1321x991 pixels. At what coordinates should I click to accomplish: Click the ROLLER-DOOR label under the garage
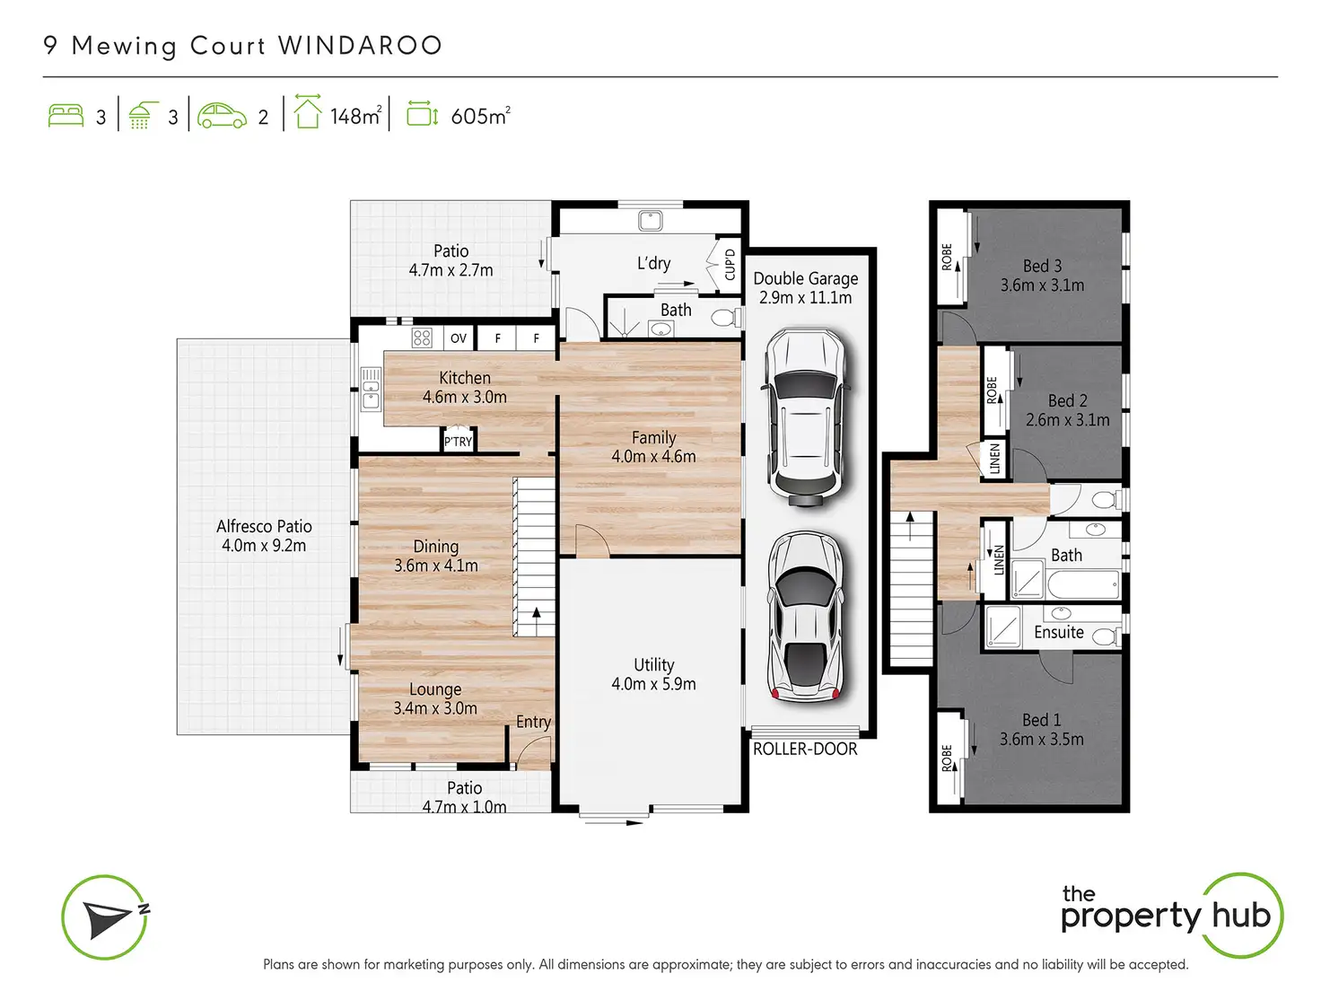pyautogui.click(x=805, y=750)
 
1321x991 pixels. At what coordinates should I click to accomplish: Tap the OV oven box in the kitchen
pyautogui.click(x=458, y=338)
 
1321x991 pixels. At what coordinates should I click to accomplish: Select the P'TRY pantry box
pyautogui.click(x=458, y=441)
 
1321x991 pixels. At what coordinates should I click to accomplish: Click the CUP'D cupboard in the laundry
pyautogui.click(x=730, y=264)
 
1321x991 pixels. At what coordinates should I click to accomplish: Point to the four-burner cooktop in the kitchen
pyautogui.click(x=421, y=338)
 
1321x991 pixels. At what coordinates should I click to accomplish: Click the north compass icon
pyautogui.click(x=105, y=917)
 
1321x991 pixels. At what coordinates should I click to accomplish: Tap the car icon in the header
pyautogui.click(x=222, y=116)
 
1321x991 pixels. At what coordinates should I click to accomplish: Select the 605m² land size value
pyautogui.click(x=480, y=116)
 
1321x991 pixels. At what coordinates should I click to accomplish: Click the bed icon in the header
pyautogui.click(x=66, y=116)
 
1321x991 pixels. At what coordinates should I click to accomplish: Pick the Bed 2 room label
pyautogui.click(x=1068, y=400)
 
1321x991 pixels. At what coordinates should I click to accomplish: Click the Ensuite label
pyautogui.click(x=1059, y=632)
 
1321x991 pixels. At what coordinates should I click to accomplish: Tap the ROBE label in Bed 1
pyautogui.click(x=948, y=758)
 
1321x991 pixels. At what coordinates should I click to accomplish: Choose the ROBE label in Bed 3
pyautogui.click(x=948, y=257)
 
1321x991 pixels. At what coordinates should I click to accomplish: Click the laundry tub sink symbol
pyautogui.click(x=650, y=221)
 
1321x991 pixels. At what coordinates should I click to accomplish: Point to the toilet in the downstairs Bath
pyautogui.click(x=727, y=317)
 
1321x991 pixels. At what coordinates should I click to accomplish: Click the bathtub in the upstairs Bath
pyautogui.click(x=1083, y=583)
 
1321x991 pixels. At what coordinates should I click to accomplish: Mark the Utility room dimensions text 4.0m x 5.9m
pyautogui.click(x=653, y=684)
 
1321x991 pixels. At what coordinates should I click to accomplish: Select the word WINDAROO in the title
pyautogui.click(x=361, y=46)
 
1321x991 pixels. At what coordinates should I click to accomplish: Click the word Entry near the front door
pyautogui.click(x=533, y=722)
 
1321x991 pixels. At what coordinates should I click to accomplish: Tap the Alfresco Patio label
pyautogui.click(x=264, y=527)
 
